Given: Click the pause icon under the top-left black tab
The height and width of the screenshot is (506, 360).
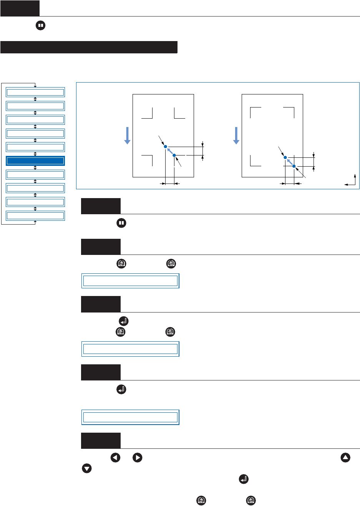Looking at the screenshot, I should [x=40, y=26].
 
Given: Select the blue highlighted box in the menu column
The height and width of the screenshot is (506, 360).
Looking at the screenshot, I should [x=35, y=161].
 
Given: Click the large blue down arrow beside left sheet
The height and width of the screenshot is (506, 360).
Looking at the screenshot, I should [x=127, y=136].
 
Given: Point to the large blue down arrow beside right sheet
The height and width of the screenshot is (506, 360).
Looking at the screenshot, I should [x=236, y=136].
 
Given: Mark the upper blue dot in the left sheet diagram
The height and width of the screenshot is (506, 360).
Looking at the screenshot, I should [x=166, y=147].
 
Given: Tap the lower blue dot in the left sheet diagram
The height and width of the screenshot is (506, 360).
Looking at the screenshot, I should [x=174, y=155].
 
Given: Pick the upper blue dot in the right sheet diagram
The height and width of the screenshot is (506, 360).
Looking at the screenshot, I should [x=285, y=157].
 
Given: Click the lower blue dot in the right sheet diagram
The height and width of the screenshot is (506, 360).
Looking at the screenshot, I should [x=294, y=166].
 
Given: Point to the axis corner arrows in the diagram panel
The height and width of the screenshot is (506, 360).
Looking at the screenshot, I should [x=350, y=180].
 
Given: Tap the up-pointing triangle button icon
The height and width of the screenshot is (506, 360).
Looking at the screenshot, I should [x=345, y=458].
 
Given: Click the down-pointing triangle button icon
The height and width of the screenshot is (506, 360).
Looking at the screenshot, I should [x=87, y=469].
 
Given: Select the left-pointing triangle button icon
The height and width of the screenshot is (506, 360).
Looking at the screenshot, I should [x=115, y=458].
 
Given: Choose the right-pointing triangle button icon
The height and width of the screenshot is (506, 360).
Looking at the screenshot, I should [x=137, y=458].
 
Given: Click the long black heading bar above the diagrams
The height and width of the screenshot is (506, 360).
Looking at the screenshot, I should [x=89, y=47].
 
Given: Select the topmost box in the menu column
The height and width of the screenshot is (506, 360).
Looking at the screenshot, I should [x=35, y=92].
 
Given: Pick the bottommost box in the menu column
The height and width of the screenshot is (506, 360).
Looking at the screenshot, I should [x=35, y=216].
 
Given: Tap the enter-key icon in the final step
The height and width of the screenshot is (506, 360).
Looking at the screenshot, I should [x=243, y=479].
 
